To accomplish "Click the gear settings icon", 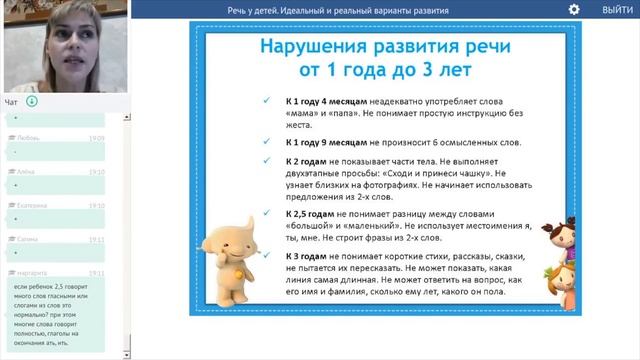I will pos(574,9).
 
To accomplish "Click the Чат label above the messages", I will pos(11,101).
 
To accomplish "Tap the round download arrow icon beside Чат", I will pos(32,101).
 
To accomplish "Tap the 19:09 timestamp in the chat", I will pos(96,138).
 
